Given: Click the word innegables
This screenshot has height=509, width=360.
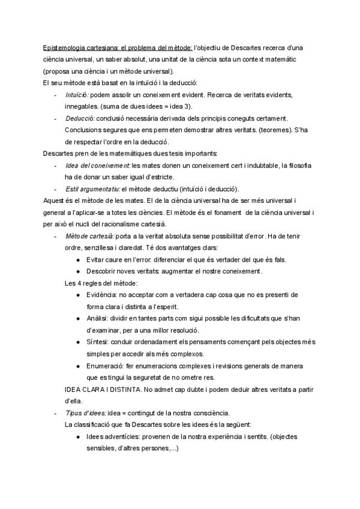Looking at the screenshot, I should tap(83, 106).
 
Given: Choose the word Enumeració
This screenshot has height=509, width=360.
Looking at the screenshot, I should tap(105, 365).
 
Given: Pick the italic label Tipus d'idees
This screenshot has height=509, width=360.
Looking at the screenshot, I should tap(85, 412).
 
